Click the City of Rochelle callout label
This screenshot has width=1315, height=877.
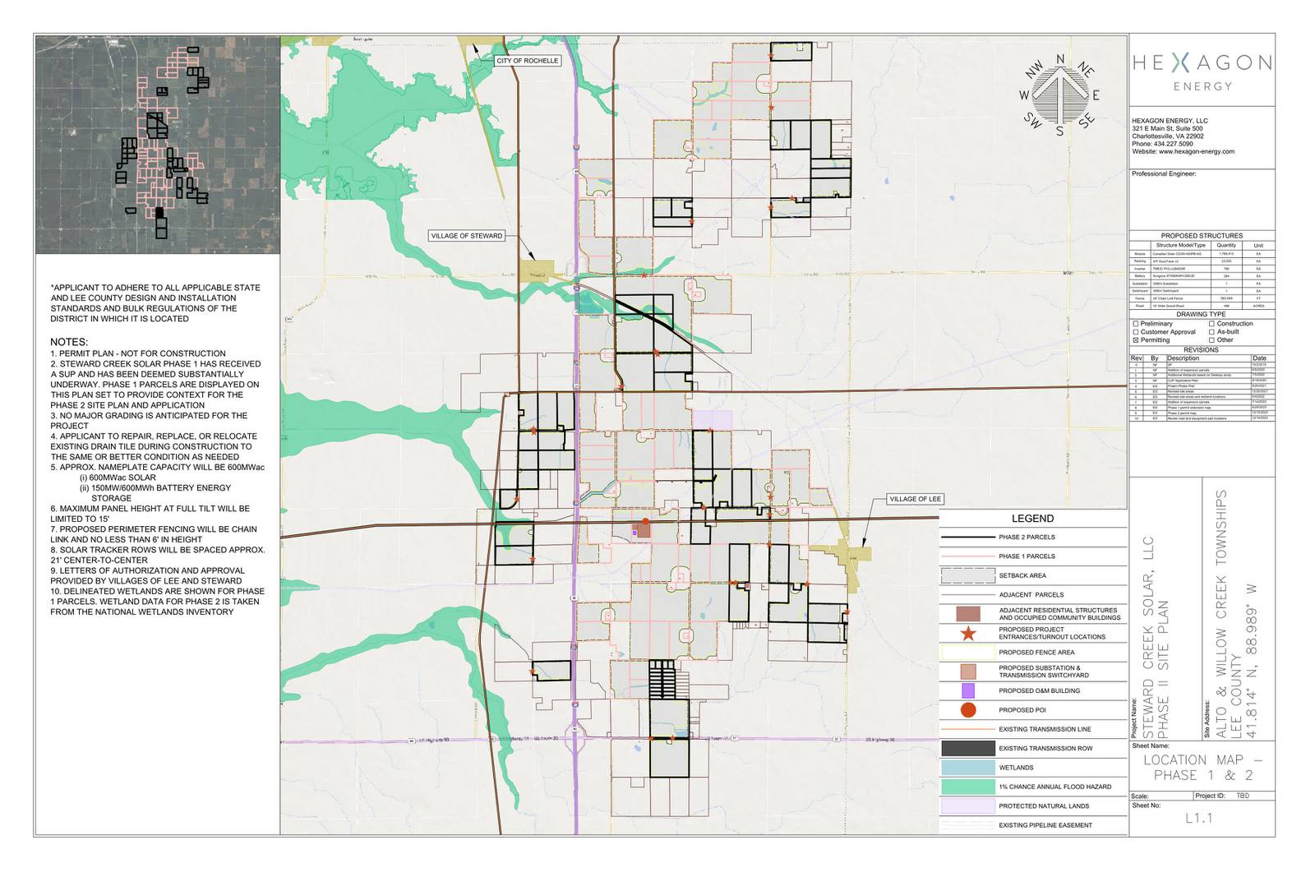coord(527,61)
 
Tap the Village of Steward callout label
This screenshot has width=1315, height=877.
coord(466,236)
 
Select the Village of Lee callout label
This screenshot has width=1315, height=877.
coord(915,499)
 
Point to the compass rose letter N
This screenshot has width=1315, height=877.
coord(1060,59)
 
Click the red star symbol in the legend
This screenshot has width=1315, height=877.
coord(968,633)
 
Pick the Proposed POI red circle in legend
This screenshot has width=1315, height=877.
coord(968,710)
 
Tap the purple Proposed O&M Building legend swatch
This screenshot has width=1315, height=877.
coord(968,691)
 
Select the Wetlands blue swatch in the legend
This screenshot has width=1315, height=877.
coord(968,768)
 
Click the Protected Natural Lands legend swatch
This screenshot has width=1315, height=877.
coord(968,805)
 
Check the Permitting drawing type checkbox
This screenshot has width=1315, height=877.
coord(1136,339)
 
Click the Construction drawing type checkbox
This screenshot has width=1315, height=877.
coord(1211,324)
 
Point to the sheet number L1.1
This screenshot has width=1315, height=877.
coord(1199,819)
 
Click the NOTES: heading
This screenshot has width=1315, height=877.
coord(69,342)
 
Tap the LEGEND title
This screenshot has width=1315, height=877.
coord(1032,519)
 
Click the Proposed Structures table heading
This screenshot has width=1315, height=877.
coord(1202,236)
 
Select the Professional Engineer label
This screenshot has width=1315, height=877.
coord(1163,174)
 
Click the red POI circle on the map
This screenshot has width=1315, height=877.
coord(645,521)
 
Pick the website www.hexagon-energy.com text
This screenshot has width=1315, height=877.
coord(1183,152)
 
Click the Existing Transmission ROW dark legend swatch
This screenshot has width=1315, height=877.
coord(968,749)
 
